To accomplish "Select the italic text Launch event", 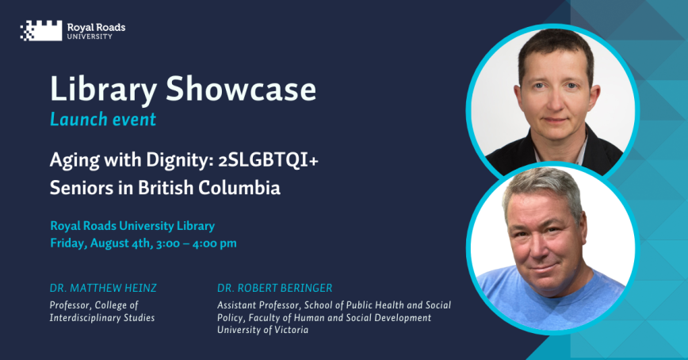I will pos(102,120).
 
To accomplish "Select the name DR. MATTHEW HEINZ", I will pos(103,288).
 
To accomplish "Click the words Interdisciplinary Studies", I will pos(102,318).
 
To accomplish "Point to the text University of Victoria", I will pos(262,329).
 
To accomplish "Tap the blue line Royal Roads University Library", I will pos(132,226).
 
